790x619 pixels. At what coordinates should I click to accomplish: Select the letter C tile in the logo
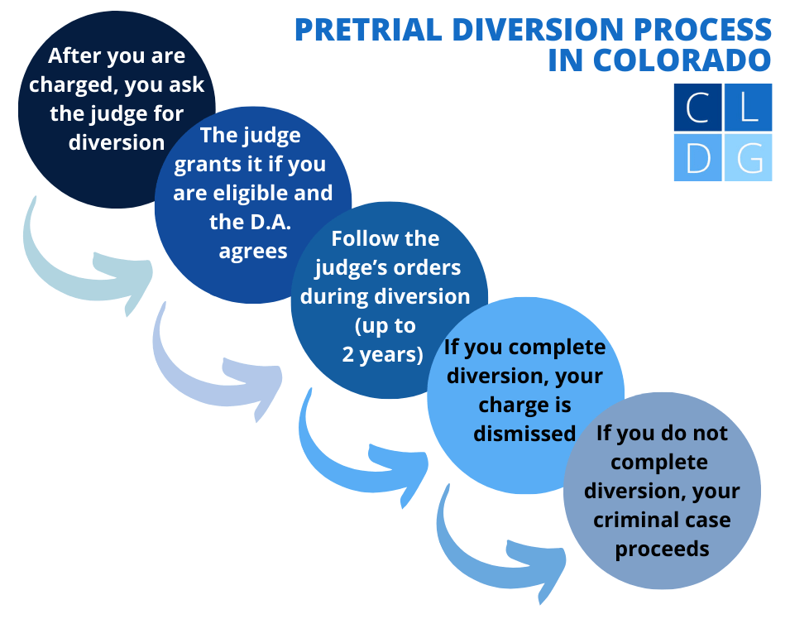click(698, 108)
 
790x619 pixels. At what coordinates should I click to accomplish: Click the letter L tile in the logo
click(749, 108)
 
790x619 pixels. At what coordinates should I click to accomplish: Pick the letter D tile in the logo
click(698, 157)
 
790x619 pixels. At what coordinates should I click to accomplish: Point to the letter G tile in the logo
click(749, 157)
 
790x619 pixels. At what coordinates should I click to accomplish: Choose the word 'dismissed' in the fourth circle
click(524, 433)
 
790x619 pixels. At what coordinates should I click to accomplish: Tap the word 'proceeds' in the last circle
click(662, 549)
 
